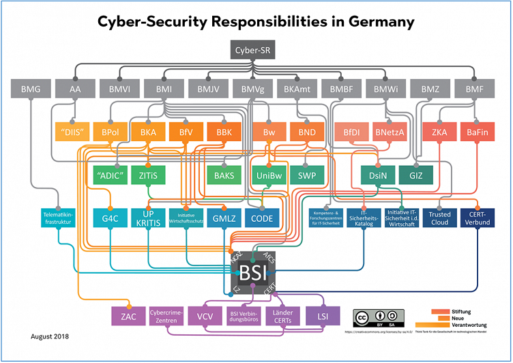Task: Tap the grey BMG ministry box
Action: (31, 89)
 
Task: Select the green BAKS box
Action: (224, 175)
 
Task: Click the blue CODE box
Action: (263, 218)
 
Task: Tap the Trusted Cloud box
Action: (440, 218)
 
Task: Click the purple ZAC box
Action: (128, 316)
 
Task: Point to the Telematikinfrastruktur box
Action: (58, 218)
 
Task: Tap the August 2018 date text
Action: (50, 336)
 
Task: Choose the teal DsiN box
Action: (375, 175)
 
